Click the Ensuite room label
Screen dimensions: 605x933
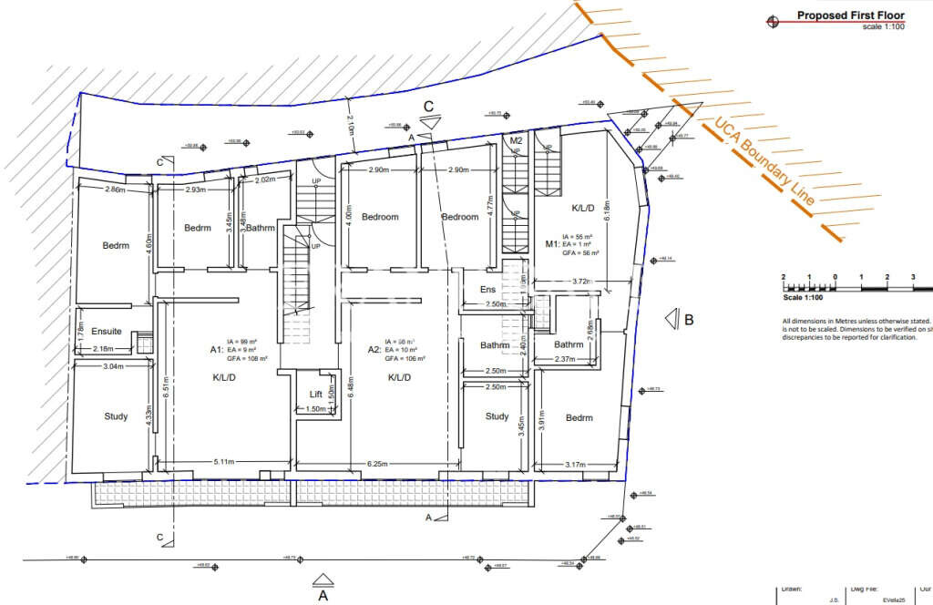click(x=107, y=332)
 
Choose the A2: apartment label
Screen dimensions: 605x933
click(x=374, y=350)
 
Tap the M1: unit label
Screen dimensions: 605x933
click(x=552, y=244)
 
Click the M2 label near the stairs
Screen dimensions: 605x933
click(x=516, y=141)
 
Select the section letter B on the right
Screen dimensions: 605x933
click(x=690, y=319)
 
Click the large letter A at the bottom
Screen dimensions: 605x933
click(x=322, y=597)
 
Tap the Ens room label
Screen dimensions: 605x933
click(x=487, y=290)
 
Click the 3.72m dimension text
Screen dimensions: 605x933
click(x=575, y=282)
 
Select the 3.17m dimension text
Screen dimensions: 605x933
click(x=575, y=465)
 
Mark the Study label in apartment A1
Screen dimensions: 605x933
click(x=116, y=417)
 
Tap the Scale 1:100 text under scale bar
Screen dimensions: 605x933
click(x=804, y=297)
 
